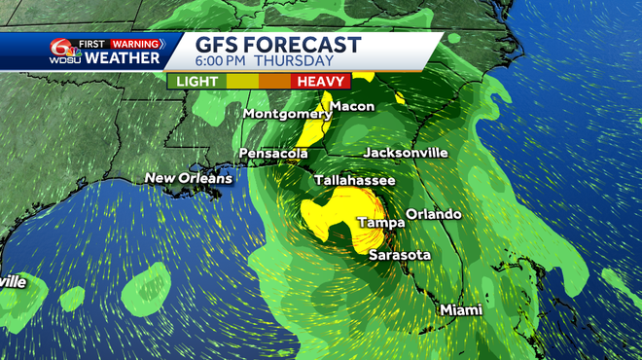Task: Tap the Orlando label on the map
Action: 433,214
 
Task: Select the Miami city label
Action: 460,309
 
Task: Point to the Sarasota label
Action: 399,254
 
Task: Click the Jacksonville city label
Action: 405,153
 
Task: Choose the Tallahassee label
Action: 354,181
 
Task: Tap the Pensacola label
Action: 275,154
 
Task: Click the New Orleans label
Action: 189,178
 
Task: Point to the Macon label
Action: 351,106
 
